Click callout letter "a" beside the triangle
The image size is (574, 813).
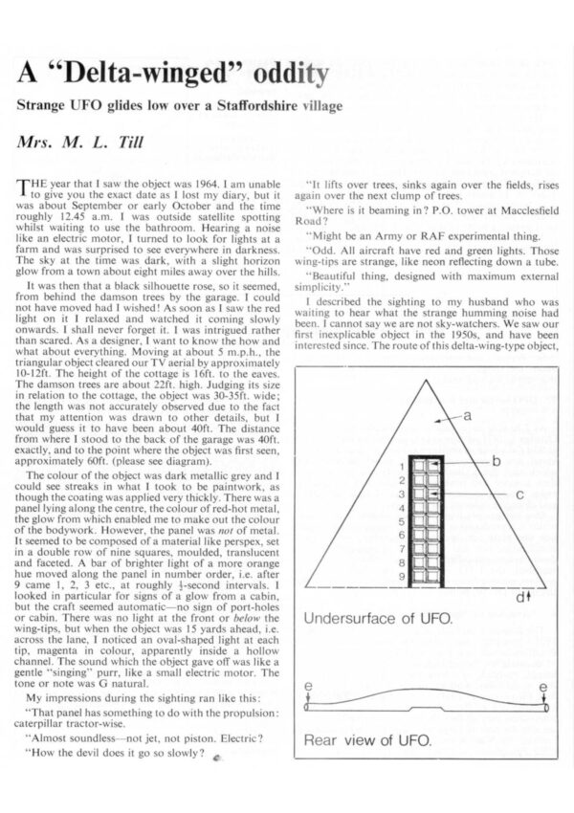(x=468, y=442)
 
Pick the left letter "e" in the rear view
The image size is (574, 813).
(x=307, y=686)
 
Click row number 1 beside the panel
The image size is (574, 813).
(x=403, y=466)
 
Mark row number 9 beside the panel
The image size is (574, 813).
(x=403, y=578)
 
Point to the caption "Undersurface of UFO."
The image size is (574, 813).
(x=366, y=619)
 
